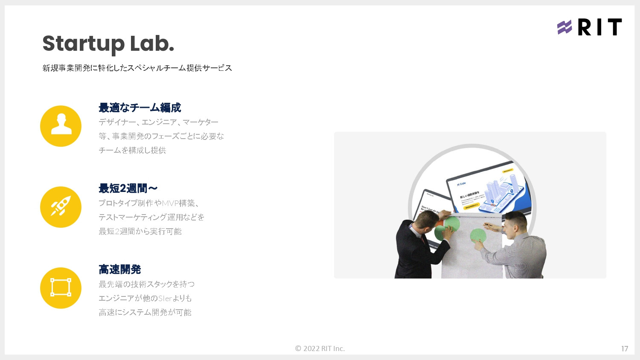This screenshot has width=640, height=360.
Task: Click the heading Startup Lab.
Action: coord(108,44)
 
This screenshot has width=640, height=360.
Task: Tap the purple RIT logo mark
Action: coord(564,27)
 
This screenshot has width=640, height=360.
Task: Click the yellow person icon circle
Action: coord(61,126)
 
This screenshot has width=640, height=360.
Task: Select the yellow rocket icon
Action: coord(61,207)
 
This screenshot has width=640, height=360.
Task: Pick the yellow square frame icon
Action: coord(61,288)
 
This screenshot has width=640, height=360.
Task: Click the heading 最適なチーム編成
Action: coord(140,107)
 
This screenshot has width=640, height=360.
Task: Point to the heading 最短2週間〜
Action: coord(128,189)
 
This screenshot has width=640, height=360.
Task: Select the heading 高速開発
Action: coord(119,270)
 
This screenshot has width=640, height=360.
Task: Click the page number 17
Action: coord(625,349)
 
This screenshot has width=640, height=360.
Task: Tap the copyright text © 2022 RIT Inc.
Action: coord(320,348)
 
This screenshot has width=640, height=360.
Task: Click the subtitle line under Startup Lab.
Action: coord(137,68)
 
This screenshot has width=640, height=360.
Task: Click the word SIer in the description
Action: coord(165,298)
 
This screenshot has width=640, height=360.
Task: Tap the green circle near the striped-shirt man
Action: coord(478,235)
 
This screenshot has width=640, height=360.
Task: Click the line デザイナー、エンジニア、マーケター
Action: coord(158,122)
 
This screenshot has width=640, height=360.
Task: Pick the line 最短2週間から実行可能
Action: coord(140,231)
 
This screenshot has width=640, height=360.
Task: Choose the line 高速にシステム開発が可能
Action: coord(145,312)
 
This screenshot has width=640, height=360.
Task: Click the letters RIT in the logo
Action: coord(599,27)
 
